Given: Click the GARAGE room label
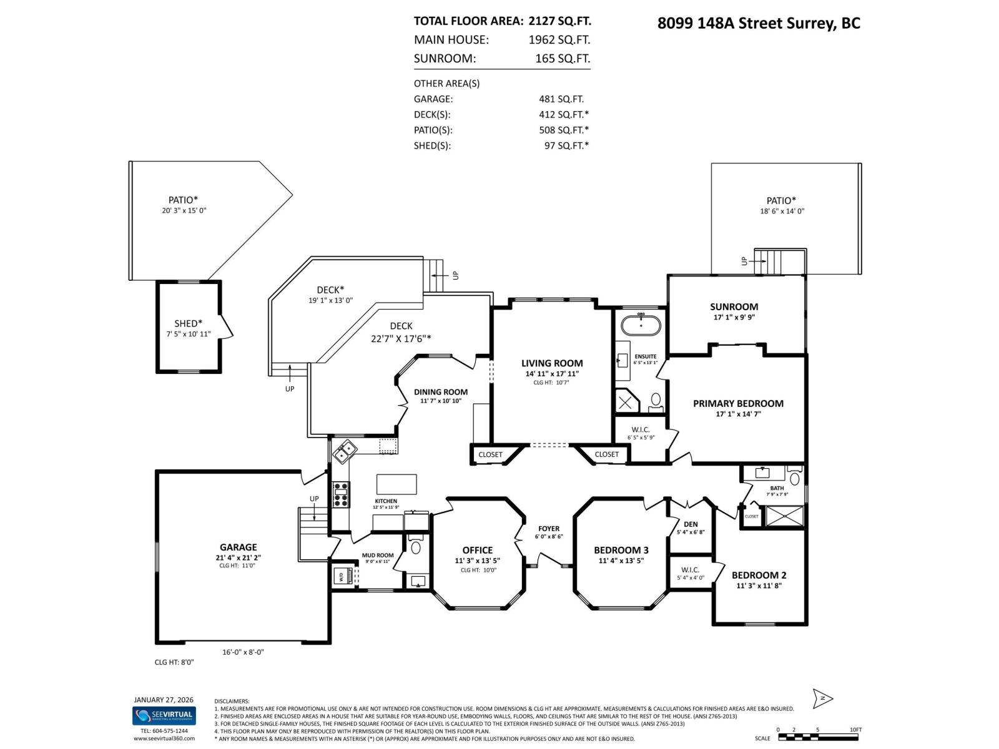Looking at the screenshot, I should click(238, 547).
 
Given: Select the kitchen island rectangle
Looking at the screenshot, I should click(396, 484).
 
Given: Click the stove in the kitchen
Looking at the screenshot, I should click(341, 494).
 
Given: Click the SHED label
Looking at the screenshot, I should click(188, 323).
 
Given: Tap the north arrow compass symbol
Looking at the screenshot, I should click(823, 698).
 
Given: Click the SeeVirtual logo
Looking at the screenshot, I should click(164, 715).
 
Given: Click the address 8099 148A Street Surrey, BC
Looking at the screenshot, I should click(759, 23).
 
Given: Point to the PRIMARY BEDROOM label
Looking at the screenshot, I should click(738, 404).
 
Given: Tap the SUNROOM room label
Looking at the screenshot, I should click(734, 306).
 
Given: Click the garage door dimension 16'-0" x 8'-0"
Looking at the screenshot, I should click(243, 652).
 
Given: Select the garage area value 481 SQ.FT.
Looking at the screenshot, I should click(561, 99).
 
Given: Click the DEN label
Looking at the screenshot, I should click(691, 524).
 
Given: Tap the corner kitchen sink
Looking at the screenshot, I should click(344, 451).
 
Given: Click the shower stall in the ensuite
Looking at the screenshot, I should click(626, 401).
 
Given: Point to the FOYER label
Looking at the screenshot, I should click(549, 529).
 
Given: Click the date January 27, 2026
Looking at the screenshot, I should click(164, 700).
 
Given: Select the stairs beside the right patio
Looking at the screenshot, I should click(779, 261).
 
